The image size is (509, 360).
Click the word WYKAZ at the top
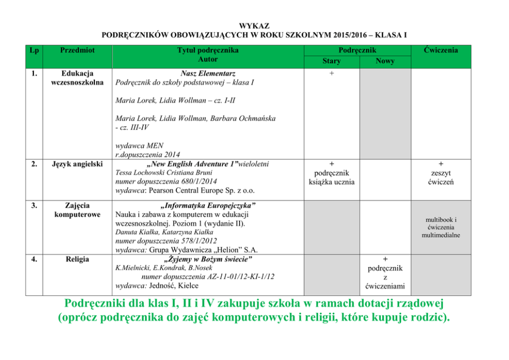tap(254, 26)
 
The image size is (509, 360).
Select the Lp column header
tap(34, 50)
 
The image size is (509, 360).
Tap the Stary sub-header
tap(331, 61)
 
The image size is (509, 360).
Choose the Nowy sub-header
tap(385, 61)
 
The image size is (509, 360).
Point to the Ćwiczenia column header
tap(441, 50)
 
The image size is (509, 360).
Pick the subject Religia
tap(77, 259)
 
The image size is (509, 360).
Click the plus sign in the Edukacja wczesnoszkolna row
tap(331, 73)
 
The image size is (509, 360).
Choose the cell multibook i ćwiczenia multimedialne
tap(441, 227)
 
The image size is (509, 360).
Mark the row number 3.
tap(34, 205)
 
